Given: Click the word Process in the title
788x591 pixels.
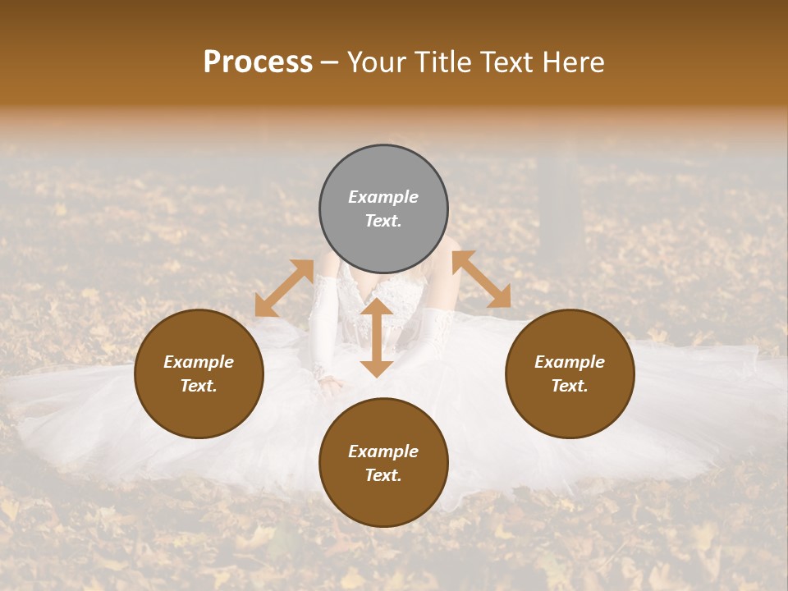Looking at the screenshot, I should (258, 62).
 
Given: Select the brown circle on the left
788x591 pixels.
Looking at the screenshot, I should (199, 373).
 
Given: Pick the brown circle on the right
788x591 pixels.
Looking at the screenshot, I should (570, 373).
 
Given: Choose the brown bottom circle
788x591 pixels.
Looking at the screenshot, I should (383, 463).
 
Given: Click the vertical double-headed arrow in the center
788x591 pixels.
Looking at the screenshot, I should (377, 337).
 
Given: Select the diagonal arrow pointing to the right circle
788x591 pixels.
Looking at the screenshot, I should (482, 279).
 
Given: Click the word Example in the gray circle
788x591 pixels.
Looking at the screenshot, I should (383, 197).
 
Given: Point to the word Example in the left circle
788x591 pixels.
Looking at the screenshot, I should (199, 362).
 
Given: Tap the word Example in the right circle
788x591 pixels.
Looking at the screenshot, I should (570, 362).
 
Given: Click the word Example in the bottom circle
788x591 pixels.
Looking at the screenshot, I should (383, 451).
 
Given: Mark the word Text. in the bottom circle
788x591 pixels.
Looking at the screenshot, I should (383, 475).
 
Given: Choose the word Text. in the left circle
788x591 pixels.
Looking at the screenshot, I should (199, 386).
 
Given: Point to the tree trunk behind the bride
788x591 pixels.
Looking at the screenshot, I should (561, 205).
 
